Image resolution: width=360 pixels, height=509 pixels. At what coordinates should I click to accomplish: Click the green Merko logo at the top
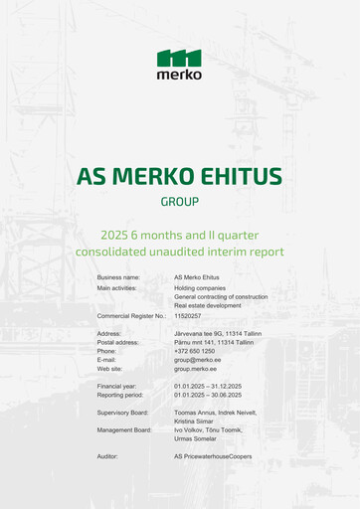(179, 64)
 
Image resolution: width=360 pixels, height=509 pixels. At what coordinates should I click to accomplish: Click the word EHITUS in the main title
(237, 177)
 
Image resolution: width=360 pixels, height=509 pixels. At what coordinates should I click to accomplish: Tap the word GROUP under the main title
(179, 202)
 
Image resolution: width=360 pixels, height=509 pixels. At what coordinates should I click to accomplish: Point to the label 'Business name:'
(118, 277)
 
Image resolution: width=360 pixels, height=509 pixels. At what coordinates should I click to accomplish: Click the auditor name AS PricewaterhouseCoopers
(213, 456)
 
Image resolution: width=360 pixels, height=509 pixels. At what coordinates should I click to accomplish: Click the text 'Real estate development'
(210, 305)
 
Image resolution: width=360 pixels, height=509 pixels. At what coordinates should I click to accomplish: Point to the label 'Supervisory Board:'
(124, 412)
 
